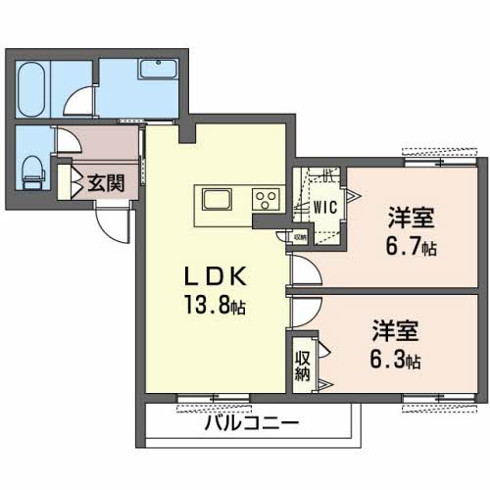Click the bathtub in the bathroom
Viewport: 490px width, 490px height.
pyautogui.click(x=31, y=89)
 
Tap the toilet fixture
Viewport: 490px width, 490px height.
pyautogui.click(x=32, y=172)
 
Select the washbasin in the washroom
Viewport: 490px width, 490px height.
pyautogui.click(x=159, y=70)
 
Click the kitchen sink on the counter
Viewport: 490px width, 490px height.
pyautogui.click(x=216, y=200)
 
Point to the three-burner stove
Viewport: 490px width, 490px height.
pyautogui.click(x=266, y=200)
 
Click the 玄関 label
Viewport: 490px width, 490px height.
pyautogui.click(x=106, y=183)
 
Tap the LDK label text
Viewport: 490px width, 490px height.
pyautogui.click(x=215, y=277)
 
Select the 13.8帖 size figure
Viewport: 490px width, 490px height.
pyautogui.click(x=215, y=305)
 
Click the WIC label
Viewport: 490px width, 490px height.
pyautogui.click(x=325, y=207)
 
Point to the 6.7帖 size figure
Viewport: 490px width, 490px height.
pyautogui.click(x=412, y=247)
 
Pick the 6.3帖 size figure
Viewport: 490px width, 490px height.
pyautogui.click(x=395, y=360)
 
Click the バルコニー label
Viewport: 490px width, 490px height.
pyautogui.click(x=252, y=423)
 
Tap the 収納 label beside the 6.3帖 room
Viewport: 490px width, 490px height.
pyautogui.click(x=302, y=366)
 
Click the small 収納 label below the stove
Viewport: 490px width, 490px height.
pyautogui.click(x=300, y=237)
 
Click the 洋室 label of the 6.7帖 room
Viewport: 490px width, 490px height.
pyautogui.click(x=412, y=218)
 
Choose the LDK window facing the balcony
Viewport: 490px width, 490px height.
pyautogui.click(x=214, y=398)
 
